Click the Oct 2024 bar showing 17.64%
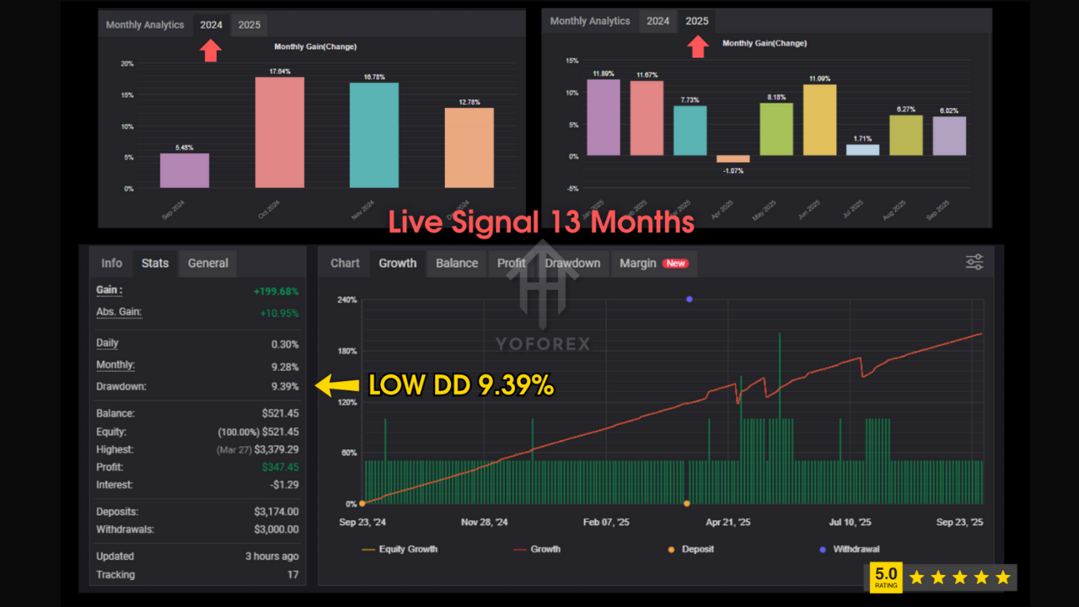(x=279, y=132)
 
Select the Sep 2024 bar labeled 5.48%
(x=185, y=170)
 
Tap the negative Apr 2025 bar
(x=733, y=158)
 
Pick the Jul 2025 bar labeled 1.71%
(x=862, y=150)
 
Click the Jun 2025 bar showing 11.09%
(x=819, y=120)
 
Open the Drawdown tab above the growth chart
(x=572, y=263)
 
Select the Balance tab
(x=457, y=263)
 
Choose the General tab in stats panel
(x=207, y=263)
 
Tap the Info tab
(x=111, y=263)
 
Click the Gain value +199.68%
(x=276, y=292)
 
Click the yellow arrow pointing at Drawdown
(x=336, y=386)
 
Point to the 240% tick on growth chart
(x=346, y=300)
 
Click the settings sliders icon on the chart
(x=974, y=262)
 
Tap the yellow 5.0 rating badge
(x=885, y=578)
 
